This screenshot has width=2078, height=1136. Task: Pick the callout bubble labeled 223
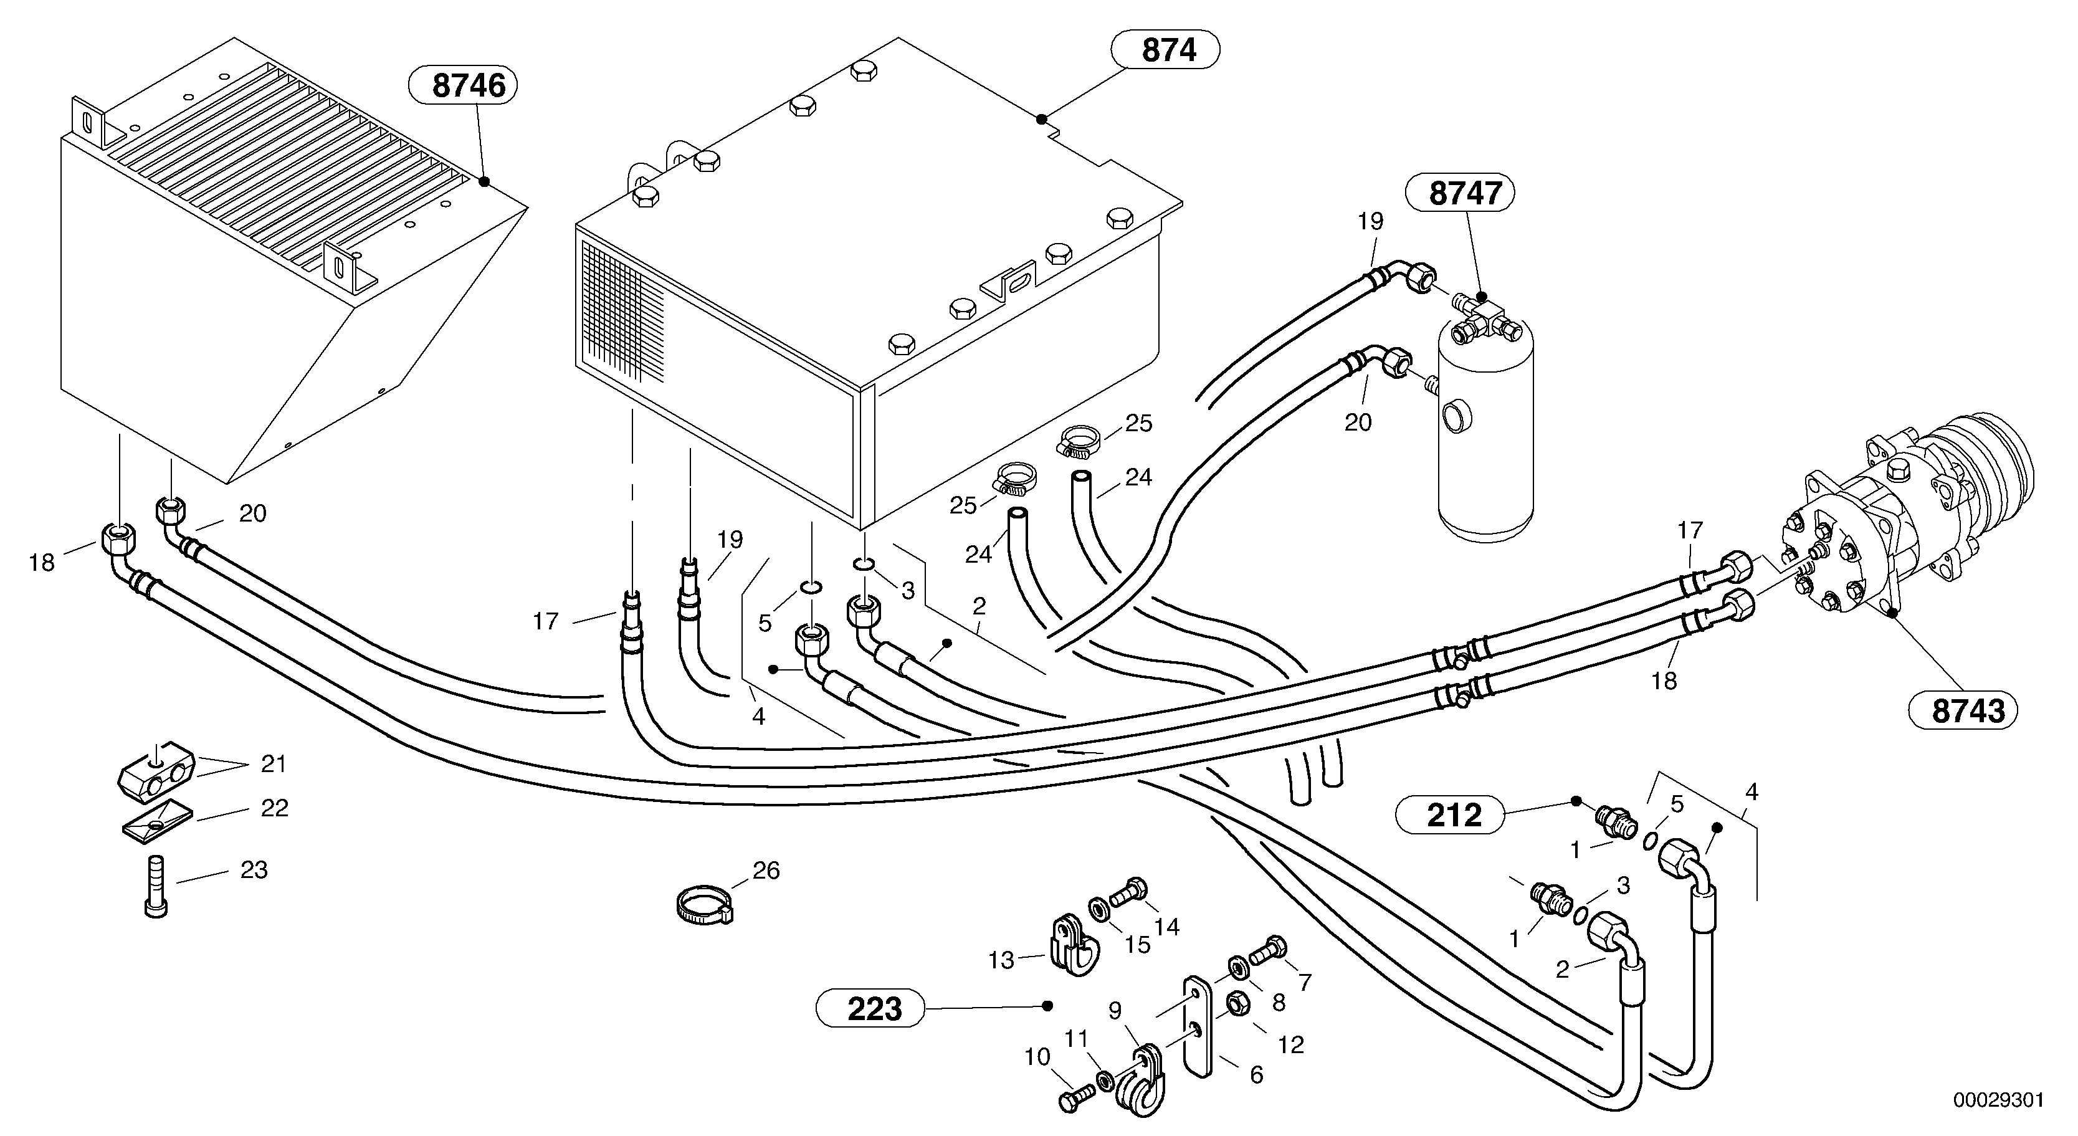pyautogui.click(x=874, y=1008)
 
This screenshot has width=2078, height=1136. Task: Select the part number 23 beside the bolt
pyautogui.click(x=254, y=871)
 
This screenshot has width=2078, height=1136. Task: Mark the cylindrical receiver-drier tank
pyautogui.click(x=1486, y=436)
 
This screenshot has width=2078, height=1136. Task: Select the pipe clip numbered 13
pyautogui.click(x=1070, y=945)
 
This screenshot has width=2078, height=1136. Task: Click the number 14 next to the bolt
pyautogui.click(x=1166, y=926)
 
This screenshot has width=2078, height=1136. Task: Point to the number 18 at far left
pyautogui.click(x=42, y=562)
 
